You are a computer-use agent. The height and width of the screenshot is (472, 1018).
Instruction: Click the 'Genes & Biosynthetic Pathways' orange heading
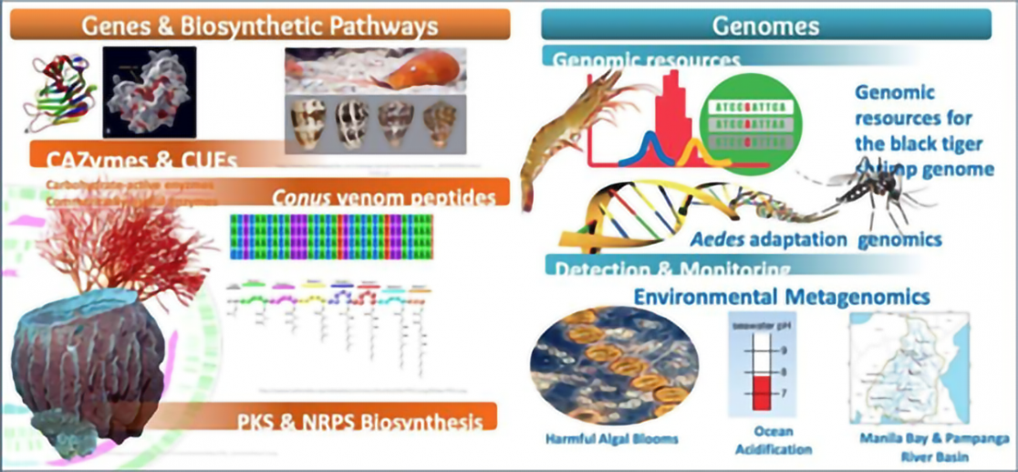260,26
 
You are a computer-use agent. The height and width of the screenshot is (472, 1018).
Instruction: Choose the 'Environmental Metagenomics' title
782,297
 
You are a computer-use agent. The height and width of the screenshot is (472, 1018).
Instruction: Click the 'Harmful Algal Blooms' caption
612,439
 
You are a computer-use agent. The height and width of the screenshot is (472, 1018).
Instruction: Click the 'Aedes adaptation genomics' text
788,239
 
